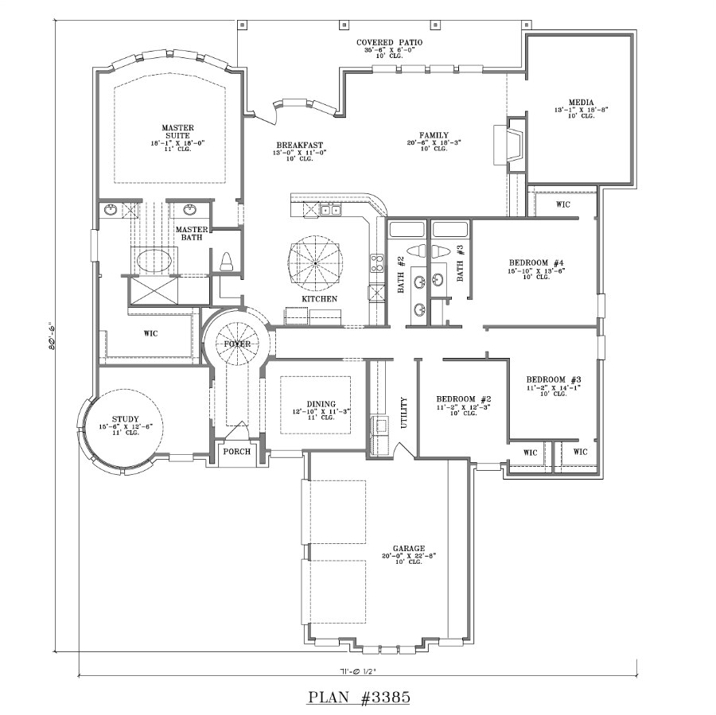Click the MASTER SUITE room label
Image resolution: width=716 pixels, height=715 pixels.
(177, 132)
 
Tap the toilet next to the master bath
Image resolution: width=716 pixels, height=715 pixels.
(226, 262)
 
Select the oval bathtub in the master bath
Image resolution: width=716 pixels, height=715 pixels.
(154, 260)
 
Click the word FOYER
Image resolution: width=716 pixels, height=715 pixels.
(236, 344)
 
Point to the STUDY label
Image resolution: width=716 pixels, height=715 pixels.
(125, 419)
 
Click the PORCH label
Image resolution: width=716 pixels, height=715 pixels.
(237, 452)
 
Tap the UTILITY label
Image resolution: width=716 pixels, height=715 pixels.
(404, 413)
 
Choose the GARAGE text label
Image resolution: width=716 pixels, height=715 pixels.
(409, 549)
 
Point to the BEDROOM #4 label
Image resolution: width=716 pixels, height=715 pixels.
(536, 263)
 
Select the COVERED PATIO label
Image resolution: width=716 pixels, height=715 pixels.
(389, 42)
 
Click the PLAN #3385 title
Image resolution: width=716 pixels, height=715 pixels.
(358, 698)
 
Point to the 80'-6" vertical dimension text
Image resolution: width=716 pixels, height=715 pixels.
(50, 344)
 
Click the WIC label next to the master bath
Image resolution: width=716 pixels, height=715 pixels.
(150, 333)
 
